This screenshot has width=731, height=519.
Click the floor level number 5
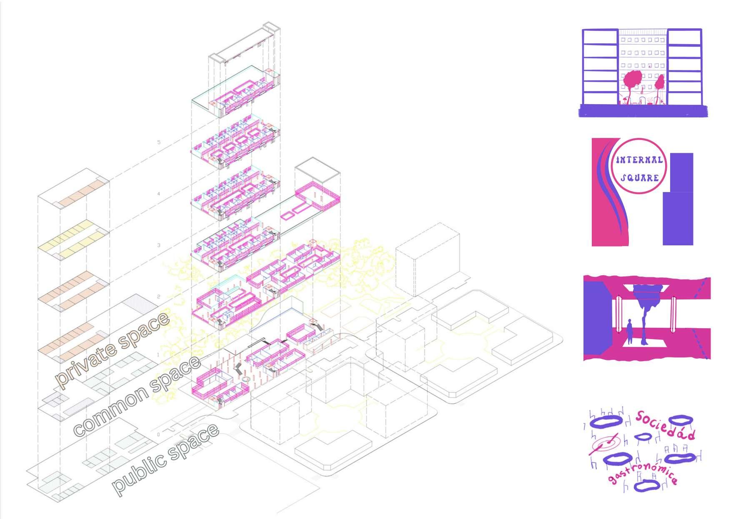click(159, 142)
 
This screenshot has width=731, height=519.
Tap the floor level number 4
click(159, 194)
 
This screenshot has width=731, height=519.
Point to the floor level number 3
click(159, 245)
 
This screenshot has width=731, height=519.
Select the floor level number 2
click(159, 297)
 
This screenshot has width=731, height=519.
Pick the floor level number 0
click(158, 435)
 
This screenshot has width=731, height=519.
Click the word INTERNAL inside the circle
click(639, 160)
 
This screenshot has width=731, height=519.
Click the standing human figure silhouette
click(630, 332)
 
